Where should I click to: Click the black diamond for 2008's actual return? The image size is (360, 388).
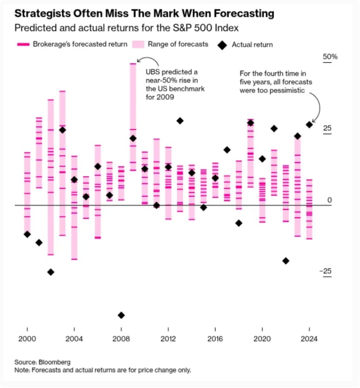pos(121,315)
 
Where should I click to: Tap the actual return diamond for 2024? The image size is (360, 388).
pos(309,125)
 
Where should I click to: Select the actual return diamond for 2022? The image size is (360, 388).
pos(286,261)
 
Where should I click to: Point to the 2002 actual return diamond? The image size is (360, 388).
pos(51,272)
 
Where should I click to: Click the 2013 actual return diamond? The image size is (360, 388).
pos(180,121)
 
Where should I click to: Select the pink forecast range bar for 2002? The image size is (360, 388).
pos(51,177)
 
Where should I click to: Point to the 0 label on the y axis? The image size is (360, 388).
pos(329,200)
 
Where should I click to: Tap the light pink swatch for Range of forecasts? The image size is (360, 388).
pos(138,44)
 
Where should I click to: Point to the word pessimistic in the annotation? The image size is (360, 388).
pos(290,90)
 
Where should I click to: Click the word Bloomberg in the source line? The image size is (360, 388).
pos(55,362)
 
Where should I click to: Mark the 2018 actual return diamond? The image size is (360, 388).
pos(239,223)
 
